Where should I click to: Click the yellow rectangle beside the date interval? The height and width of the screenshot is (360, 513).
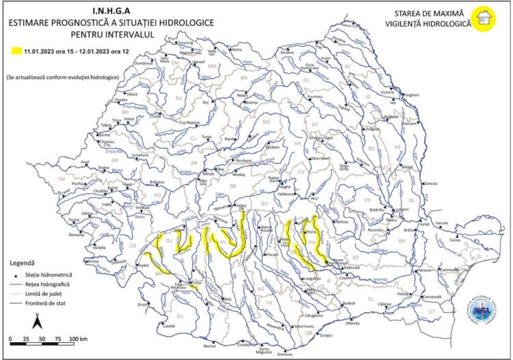pyautogui.click(x=15, y=51)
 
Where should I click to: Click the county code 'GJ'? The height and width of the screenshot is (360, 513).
pyautogui.click(x=169, y=241)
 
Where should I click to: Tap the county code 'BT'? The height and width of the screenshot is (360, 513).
pyautogui.click(x=347, y=66)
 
